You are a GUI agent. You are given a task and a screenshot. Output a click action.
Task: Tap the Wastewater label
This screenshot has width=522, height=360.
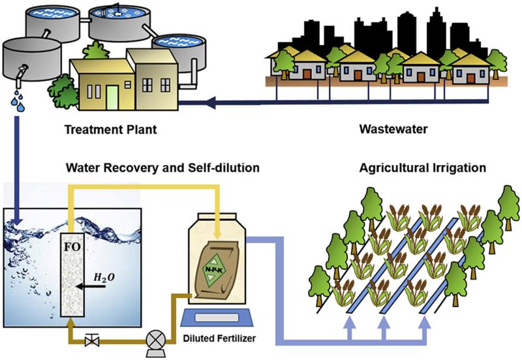[x=393, y=128]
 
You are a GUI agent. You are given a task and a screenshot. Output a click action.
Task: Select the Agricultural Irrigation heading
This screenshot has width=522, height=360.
[x=422, y=168]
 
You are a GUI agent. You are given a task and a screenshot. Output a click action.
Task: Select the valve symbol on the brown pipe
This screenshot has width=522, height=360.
[x=91, y=339]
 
